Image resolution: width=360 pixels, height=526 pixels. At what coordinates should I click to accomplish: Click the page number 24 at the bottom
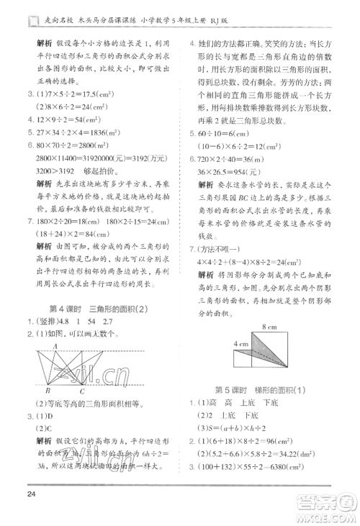pos(26,494)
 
